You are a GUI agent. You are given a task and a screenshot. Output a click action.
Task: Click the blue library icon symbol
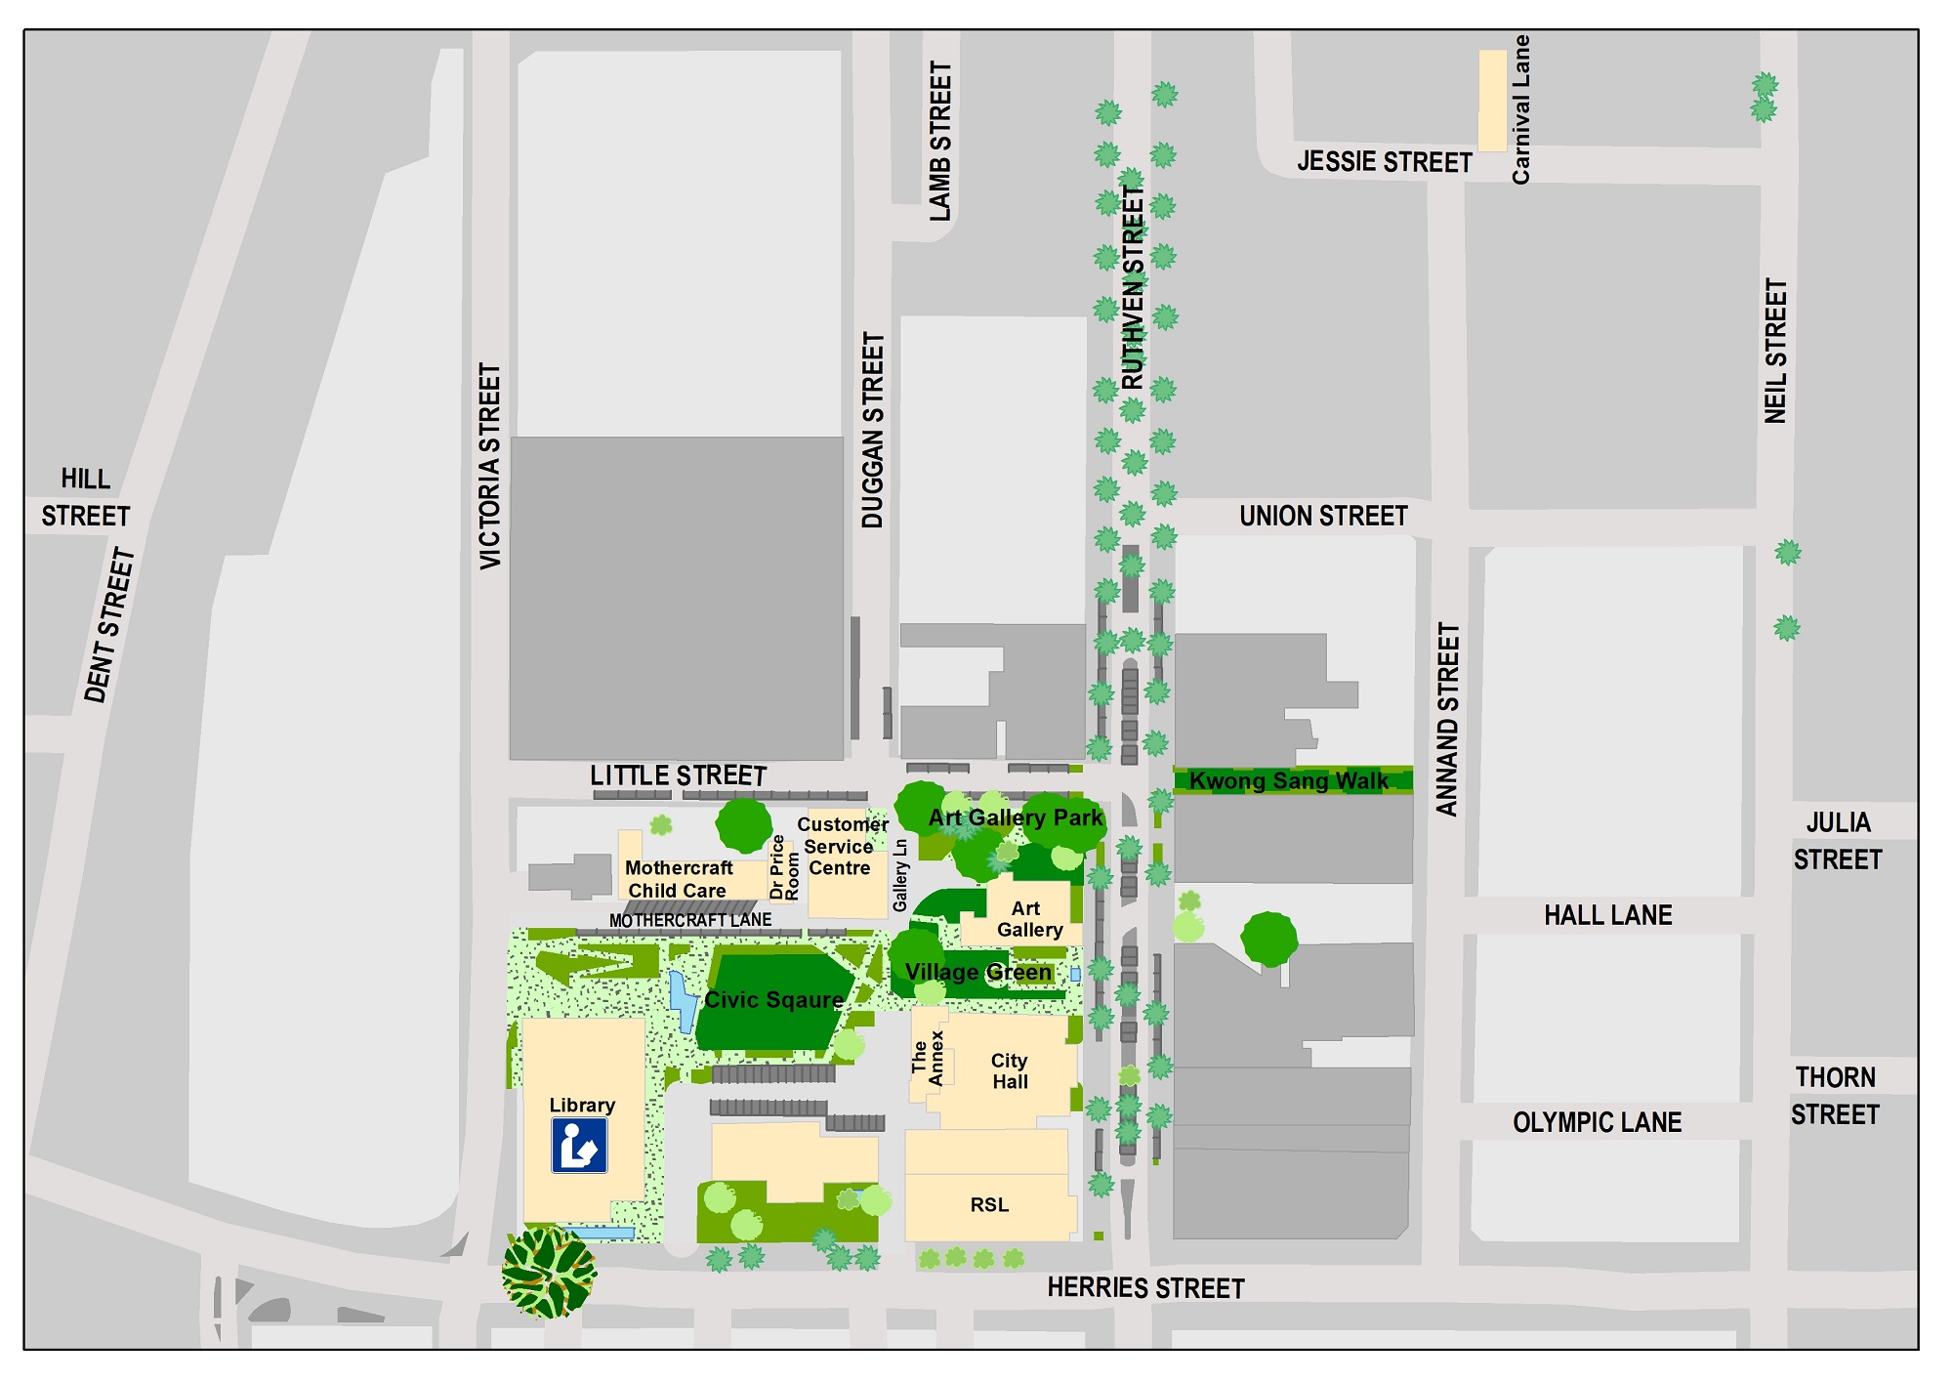click(579, 1145)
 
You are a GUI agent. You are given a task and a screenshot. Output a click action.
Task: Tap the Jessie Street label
click(1384, 162)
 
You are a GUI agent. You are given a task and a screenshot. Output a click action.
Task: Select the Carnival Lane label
click(1520, 109)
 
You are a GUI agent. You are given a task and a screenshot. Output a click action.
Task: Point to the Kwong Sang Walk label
click(1288, 780)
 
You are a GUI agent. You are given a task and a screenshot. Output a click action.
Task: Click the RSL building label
click(989, 1204)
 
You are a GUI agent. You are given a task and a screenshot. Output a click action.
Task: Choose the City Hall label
click(1010, 1070)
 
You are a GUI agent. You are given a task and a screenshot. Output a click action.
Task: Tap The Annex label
click(927, 1058)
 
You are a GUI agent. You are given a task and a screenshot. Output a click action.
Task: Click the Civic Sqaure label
click(773, 999)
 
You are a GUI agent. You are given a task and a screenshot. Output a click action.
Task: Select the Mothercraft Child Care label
click(678, 879)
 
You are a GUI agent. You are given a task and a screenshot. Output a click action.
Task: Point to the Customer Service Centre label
click(841, 846)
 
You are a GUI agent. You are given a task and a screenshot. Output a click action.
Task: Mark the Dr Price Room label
click(784, 868)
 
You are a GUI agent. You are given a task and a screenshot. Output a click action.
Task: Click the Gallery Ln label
click(900, 875)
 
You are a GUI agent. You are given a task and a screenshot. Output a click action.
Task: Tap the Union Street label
click(1323, 516)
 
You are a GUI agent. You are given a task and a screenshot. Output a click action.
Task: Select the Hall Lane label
click(1607, 915)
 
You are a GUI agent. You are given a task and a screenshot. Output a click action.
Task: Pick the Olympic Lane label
click(1597, 1122)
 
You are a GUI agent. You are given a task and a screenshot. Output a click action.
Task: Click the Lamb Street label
click(939, 142)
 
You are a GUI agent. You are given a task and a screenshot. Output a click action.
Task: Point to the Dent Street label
click(108, 626)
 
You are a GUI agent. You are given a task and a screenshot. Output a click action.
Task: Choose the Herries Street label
click(1145, 1287)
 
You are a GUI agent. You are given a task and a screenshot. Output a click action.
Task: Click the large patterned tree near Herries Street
click(548, 1273)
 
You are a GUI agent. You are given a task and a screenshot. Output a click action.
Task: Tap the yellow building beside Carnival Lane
click(1491, 101)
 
